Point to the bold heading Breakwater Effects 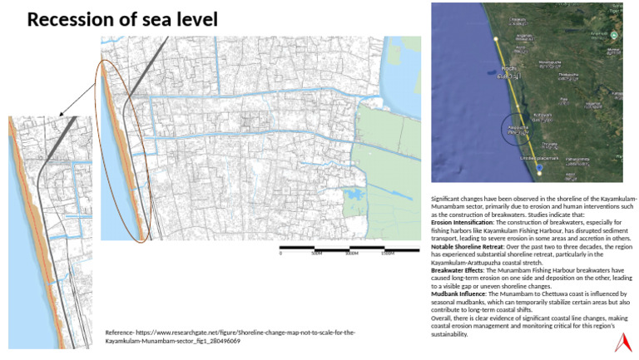[x=458, y=271]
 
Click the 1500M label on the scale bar [x=387, y=254]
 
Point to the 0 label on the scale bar [x=280, y=254]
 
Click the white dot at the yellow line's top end [x=497, y=37]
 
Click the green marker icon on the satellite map [x=613, y=35]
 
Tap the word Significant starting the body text [x=449, y=200]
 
